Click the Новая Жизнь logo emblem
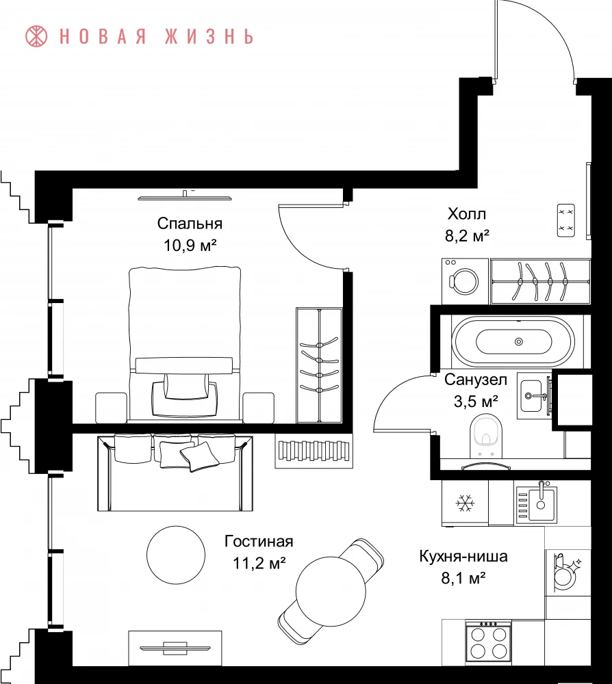[37, 36]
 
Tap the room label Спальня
[190, 224]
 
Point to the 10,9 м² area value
[190, 245]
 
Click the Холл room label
[467, 213]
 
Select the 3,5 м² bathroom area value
[476, 401]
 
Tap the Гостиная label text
[259, 541]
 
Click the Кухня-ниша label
[463, 556]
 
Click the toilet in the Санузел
[486, 435]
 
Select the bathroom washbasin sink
[534, 395]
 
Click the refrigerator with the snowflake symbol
[465, 503]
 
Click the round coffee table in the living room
[176, 555]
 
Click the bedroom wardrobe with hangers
[319, 365]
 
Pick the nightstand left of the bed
[111, 408]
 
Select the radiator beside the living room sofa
[314, 451]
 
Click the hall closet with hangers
[541, 281]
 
